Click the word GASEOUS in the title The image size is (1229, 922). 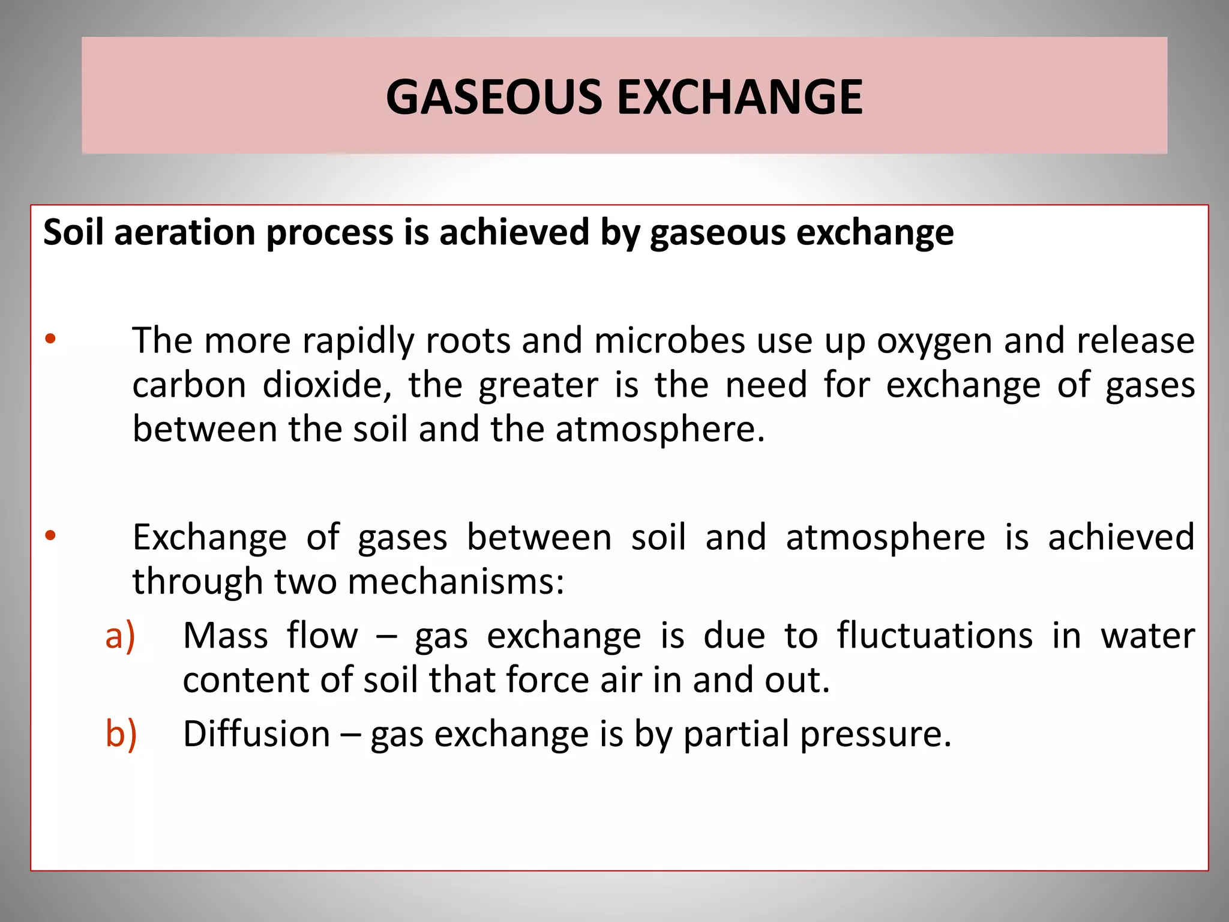494,97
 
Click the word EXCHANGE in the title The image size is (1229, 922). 740,97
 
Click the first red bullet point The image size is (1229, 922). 50,339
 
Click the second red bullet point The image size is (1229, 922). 50,535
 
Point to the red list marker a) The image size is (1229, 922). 120,636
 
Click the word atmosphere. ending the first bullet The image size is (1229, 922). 660,430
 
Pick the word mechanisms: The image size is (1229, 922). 456,582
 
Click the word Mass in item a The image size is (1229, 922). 225,636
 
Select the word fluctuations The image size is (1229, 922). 934,636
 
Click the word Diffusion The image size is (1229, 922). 256,734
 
